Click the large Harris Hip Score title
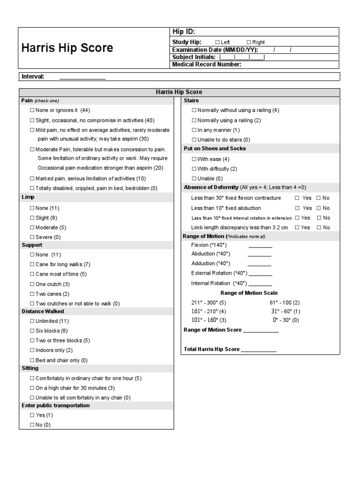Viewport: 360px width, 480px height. coord(67,48)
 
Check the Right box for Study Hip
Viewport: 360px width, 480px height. coord(248,42)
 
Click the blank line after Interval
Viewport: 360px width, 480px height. coord(82,77)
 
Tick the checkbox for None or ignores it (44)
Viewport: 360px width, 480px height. coord(32,110)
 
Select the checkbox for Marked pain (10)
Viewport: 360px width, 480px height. coord(32,179)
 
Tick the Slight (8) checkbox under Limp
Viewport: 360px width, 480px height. coord(32,218)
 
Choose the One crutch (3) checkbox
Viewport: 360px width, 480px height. coord(32,284)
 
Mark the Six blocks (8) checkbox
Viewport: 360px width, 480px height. coord(32,331)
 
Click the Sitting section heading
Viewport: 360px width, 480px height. coord(30,368)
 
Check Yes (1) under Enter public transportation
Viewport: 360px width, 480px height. coord(32,415)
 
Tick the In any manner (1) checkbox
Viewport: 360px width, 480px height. coord(194,130)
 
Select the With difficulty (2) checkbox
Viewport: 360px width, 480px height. coord(194,169)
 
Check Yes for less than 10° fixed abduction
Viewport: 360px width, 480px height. coord(297,208)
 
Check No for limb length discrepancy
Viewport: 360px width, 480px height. coord(319,227)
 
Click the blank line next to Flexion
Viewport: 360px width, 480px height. coord(260,246)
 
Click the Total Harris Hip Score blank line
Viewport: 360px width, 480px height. coord(258,350)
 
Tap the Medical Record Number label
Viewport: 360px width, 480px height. coord(207,65)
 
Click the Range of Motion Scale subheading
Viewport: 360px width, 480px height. coord(249,293)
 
